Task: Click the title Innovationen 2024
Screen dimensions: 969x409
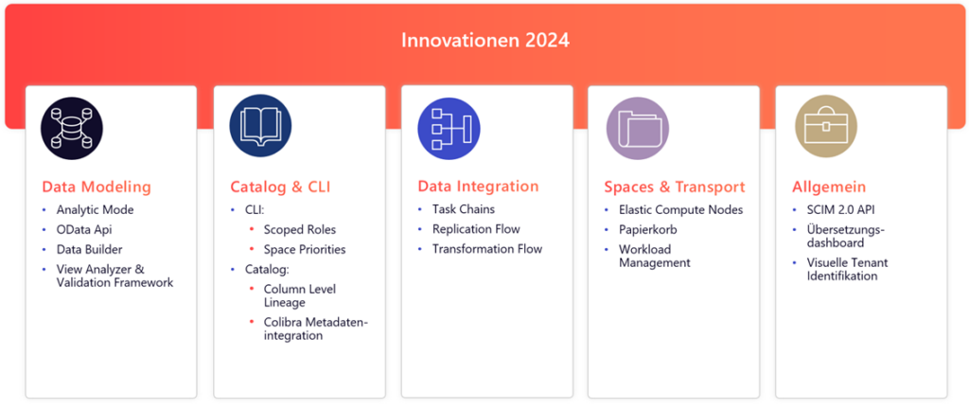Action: tap(485, 41)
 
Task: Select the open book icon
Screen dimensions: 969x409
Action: tap(260, 126)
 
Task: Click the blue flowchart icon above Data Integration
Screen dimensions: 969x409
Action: tap(449, 129)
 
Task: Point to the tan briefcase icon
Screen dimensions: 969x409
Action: tap(825, 126)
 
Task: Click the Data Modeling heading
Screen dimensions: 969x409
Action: tap(97, 187)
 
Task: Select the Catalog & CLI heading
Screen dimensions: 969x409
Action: tap(280, 187)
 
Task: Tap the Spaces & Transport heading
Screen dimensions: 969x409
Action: tap(675, 187)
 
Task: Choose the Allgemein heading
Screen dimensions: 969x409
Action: tap(829, 187)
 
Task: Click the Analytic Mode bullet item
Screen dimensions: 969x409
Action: tap(96, 210)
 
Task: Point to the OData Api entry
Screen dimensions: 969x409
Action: tap(84, 230)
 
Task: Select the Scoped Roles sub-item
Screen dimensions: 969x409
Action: tap(300, 230)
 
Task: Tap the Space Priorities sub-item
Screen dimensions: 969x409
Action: tap(305, 250)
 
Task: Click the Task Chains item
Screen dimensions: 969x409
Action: tap(464, 209)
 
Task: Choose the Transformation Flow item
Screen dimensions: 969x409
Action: tap(487, 249)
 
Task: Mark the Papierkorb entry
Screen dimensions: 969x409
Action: tap(648, 230)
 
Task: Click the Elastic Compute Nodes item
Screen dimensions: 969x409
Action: tap(681, 210)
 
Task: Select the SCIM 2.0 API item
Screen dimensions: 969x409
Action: tap(840, 210)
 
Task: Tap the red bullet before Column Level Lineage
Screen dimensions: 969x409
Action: tap(252, 290)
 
